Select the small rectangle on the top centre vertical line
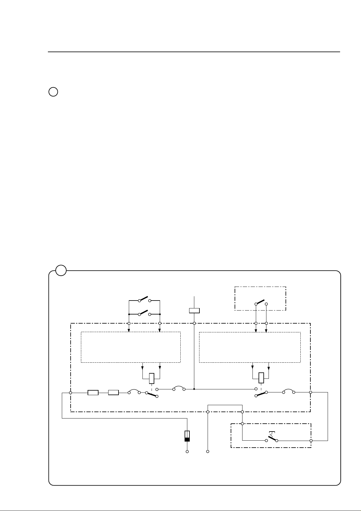coord(194,311)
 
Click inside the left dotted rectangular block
coord(131,347)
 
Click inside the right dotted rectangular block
coord(249,347)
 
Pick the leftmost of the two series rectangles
coord(93,393)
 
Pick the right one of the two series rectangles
coord(113,393)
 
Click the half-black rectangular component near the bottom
coord(187,436)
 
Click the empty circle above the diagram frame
coord(53,92)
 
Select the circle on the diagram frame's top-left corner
coord(61,270)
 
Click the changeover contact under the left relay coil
coord(152,395)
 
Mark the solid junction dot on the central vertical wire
coord(194,389)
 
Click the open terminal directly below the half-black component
coord(187,452)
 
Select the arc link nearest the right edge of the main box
coord(288,391)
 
